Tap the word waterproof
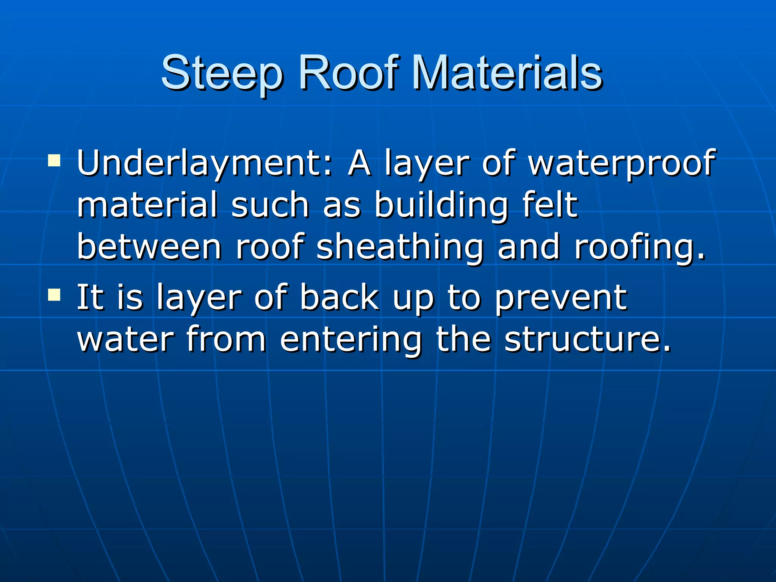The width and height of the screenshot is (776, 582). coord(621,164)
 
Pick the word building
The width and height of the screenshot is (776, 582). coord(442,206)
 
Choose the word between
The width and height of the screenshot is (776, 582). coord(149,247)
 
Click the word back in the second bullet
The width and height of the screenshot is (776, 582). coord(339,297)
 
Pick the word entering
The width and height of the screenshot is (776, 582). coord(350,340)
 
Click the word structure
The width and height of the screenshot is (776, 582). coord(587,339)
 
